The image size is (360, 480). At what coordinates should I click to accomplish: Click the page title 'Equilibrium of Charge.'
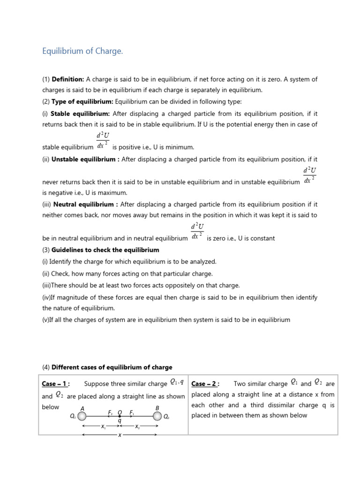click(82, 51)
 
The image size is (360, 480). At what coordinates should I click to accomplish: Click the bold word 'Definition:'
click(67, 80)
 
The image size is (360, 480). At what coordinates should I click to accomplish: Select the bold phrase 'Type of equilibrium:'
click(82, 102)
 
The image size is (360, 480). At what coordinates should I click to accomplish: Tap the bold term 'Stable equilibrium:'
click(80, 113)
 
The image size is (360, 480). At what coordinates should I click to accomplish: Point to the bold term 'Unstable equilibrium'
click(83, 159)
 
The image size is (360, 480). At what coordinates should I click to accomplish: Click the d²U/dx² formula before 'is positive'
click(102, 141)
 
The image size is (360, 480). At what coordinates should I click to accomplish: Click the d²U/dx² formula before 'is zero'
click(196, 232)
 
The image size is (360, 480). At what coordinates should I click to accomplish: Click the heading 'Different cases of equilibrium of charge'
click(112, 367)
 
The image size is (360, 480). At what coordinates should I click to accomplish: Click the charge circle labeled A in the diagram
click(82, 416)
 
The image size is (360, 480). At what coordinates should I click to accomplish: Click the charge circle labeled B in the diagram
click(157, 416)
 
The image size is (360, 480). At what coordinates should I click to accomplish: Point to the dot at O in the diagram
click(120, 416)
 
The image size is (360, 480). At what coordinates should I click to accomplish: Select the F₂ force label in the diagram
click(110, 412)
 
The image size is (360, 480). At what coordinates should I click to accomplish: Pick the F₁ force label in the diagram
click(132, 412)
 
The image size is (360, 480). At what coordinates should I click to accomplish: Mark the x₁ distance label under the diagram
click(104, 427)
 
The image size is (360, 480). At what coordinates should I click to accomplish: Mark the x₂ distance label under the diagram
click(137, 427)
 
